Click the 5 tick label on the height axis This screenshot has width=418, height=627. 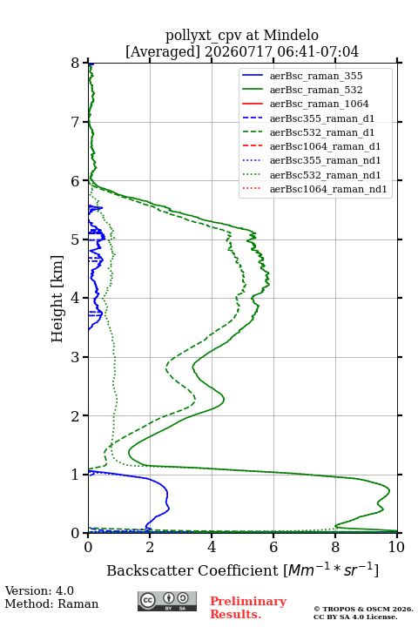click(76, 239)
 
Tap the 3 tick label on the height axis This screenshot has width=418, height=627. click(76, 357)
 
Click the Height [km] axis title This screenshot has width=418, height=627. click(57, 299)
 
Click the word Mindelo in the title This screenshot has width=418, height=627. click(291, 35)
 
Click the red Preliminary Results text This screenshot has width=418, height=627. click(248, 608)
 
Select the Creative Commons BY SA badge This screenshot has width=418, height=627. click(167, 601)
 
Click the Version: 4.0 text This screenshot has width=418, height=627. click(39, 590)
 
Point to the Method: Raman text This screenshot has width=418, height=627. click(51, 603)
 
